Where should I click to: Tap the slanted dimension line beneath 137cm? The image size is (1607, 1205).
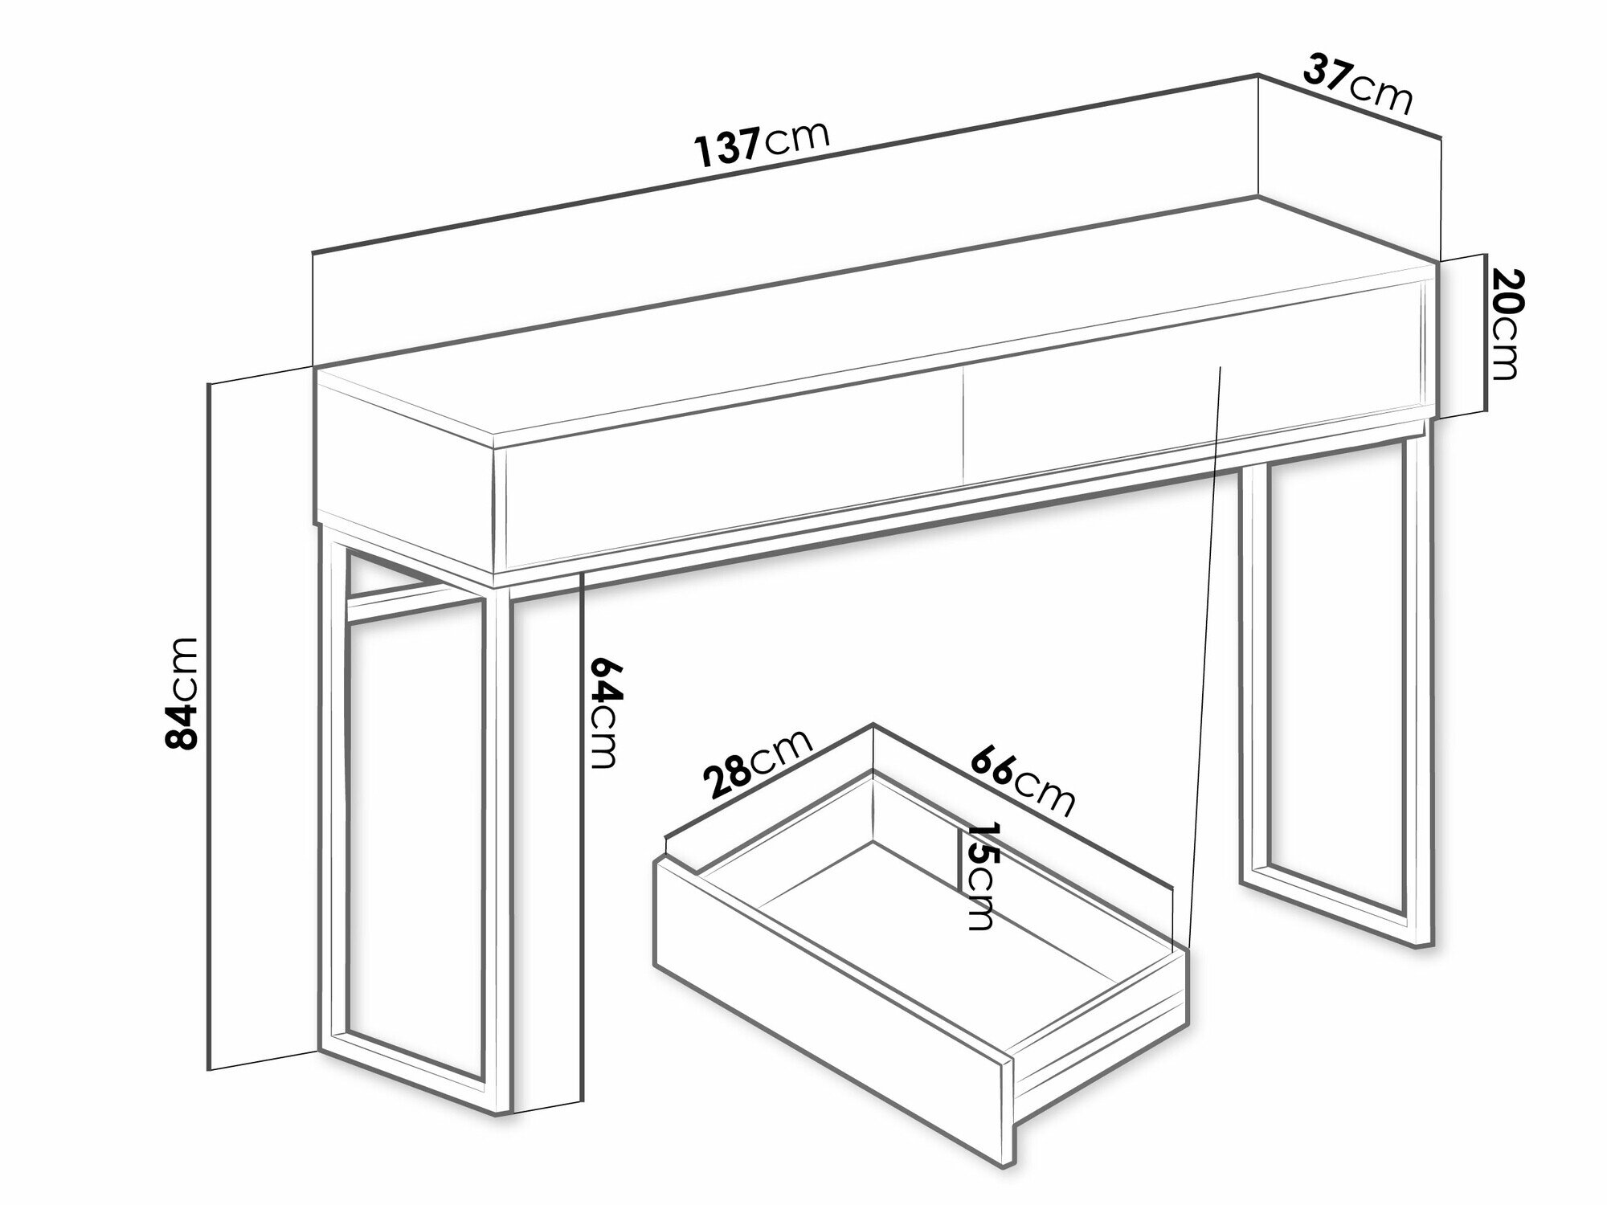point(784,164)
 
